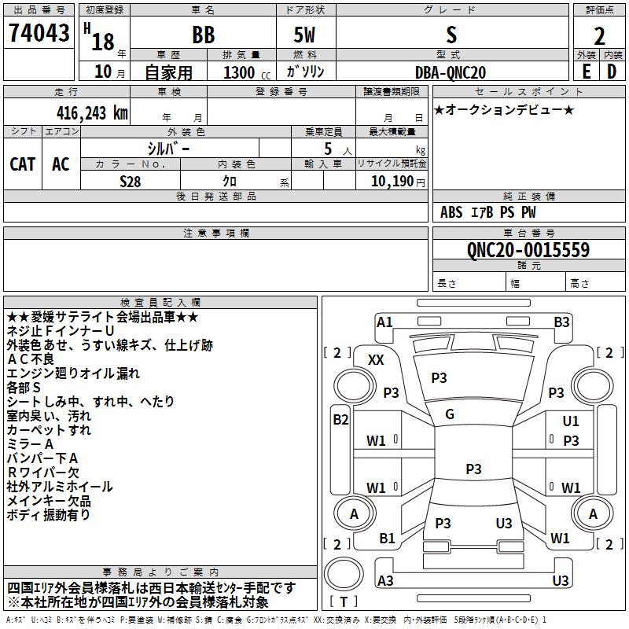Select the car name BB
click(x=203, y=35)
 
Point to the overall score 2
click(x=599, y=36)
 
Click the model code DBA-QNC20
click(x=451, y=72)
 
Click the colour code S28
click(x=131, y=181)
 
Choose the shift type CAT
click(x=22, y=164)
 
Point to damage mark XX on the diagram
click(x=376, y=360)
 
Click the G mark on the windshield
click(x=449, y=414)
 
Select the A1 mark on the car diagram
click(x=384, y=322)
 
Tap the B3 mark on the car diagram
click(x=561, y=322)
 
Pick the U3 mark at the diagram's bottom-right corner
click(x=560, y=581)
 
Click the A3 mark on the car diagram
click(x=385, y=581)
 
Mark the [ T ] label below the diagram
click(x=344, y=602)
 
